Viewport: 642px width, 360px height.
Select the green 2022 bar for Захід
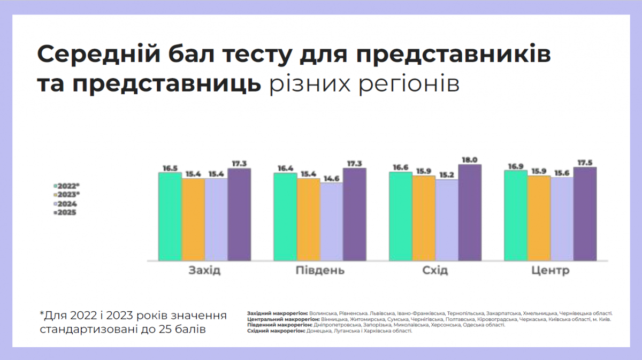[x=170, y=217]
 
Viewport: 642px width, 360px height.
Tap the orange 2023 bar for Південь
[x=308, y=219]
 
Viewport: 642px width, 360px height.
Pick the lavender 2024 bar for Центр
[x=562, y=219]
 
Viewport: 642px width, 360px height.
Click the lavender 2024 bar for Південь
[x=331, y=221]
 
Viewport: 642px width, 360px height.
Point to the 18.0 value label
[x=470, y=159]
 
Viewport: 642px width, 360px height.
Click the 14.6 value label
[x=331, y=178]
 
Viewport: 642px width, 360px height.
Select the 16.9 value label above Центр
[x=515, y=166]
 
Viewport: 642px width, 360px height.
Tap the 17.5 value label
[x=585, y=162]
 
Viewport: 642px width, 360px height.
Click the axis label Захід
[x=204, y=271]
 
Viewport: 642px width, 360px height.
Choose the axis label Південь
[x=320, y=271]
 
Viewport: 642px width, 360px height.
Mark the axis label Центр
[x=551, y=271]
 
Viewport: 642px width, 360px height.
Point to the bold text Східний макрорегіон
[x=276, y=331]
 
